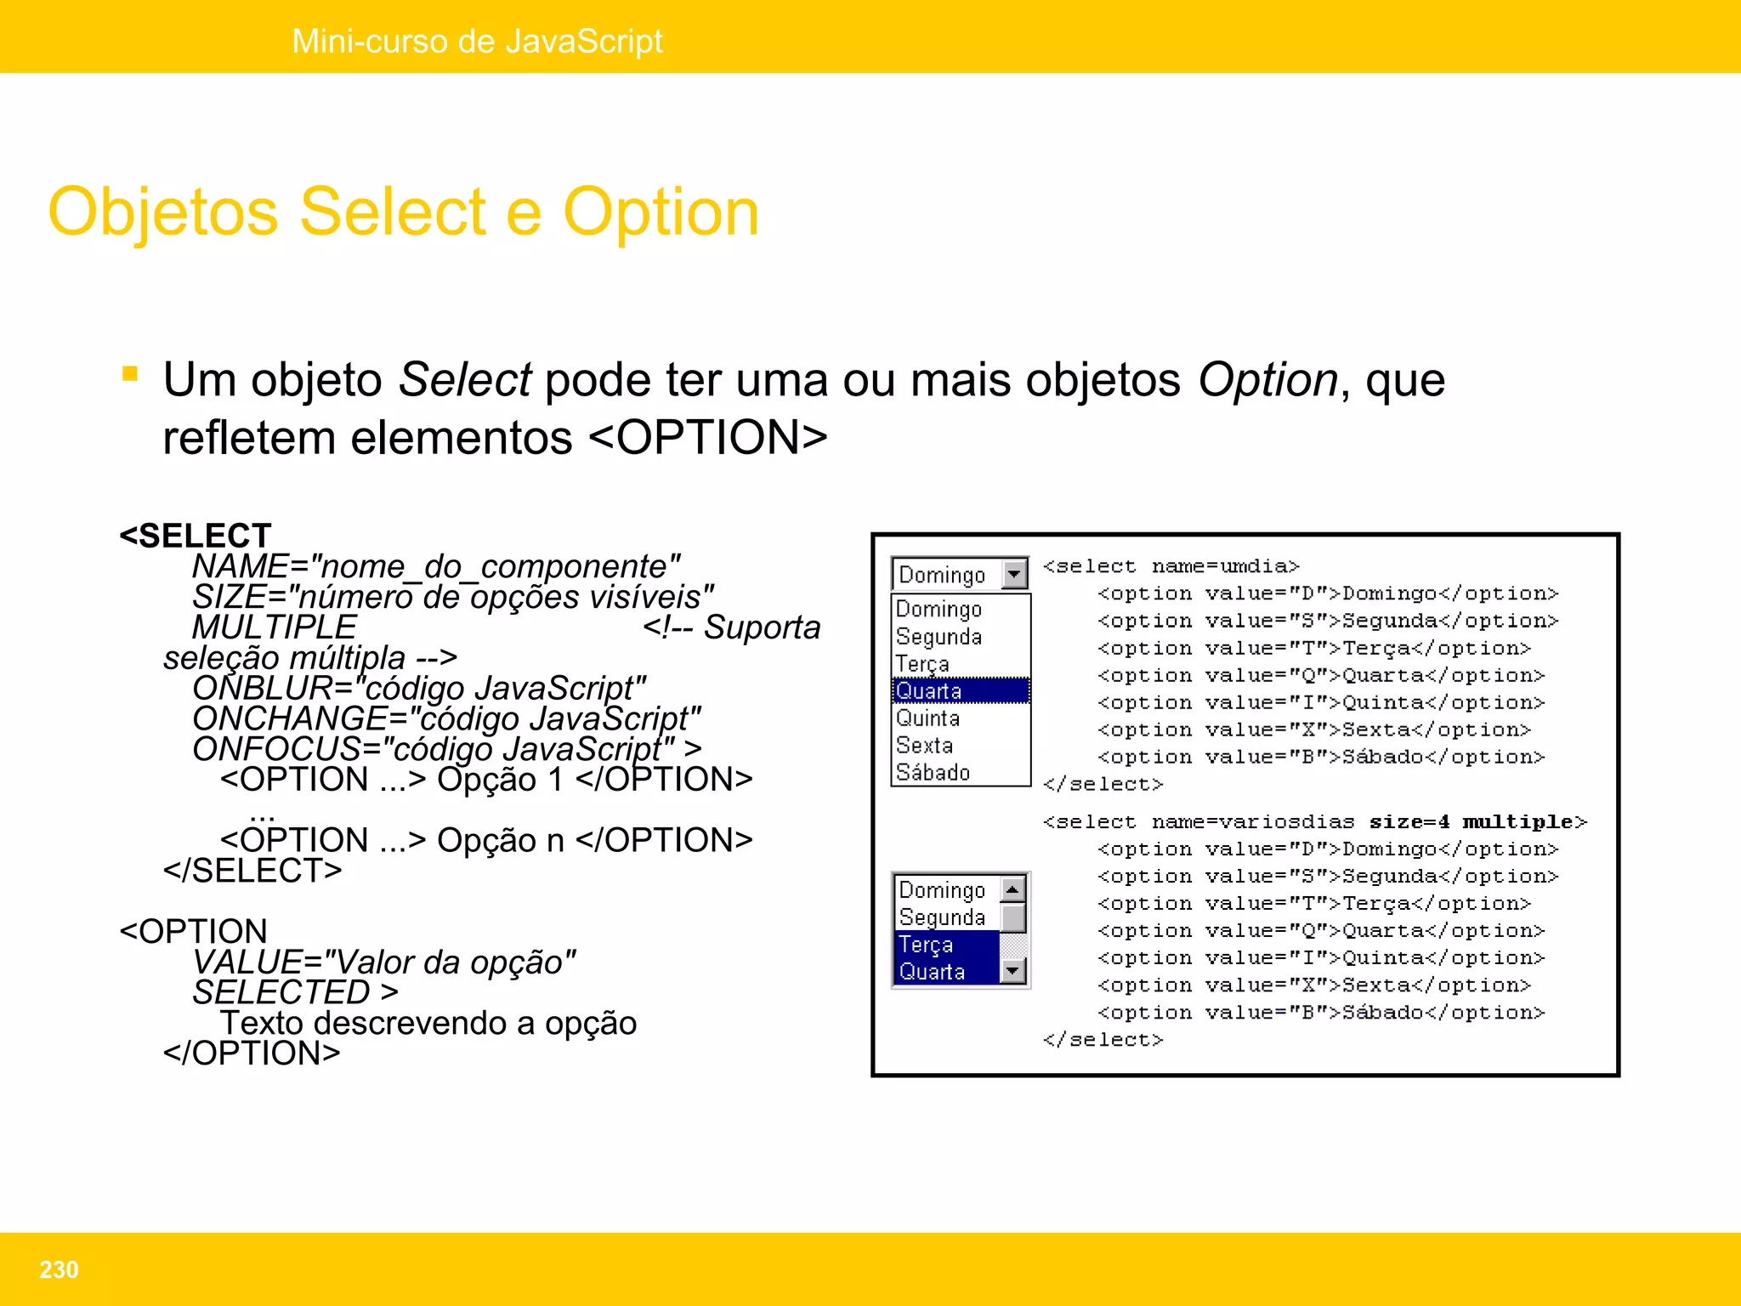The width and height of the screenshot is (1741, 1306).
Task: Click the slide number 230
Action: (x=59, y=1269)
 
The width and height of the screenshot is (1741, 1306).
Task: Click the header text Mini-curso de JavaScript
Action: (x=477, y=41)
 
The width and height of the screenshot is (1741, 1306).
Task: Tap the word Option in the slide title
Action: (x=661, y=213)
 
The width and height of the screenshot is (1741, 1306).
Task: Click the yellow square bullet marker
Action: (x=130, y=374)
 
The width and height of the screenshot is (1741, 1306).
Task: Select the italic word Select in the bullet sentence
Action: (x=464, y=379)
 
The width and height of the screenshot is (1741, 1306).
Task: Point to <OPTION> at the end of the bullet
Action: (x=707, y=438)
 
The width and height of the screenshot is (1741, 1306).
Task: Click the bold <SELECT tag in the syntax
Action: (x=196, y=536)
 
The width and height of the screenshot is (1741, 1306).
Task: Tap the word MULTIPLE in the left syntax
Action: (x=274, y=627)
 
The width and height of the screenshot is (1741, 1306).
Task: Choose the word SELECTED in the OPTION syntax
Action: (x=281, y=992)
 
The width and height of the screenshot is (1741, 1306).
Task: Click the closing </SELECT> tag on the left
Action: (x=252, y=870)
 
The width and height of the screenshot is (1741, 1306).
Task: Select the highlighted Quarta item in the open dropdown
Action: (x=929, y=690)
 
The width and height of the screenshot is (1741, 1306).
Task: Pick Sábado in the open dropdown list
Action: (x=933, y=772)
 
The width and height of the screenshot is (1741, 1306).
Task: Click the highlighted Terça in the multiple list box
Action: (x=927, y=945)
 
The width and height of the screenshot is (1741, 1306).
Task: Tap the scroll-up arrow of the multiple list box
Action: (x=1012, y=889)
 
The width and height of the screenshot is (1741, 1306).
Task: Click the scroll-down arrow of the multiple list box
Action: (x=1012, y=970)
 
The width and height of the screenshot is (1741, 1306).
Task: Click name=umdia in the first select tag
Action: (x=1225, y=566)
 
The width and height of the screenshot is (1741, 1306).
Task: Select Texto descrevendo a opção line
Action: (x=428, y=1023)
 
